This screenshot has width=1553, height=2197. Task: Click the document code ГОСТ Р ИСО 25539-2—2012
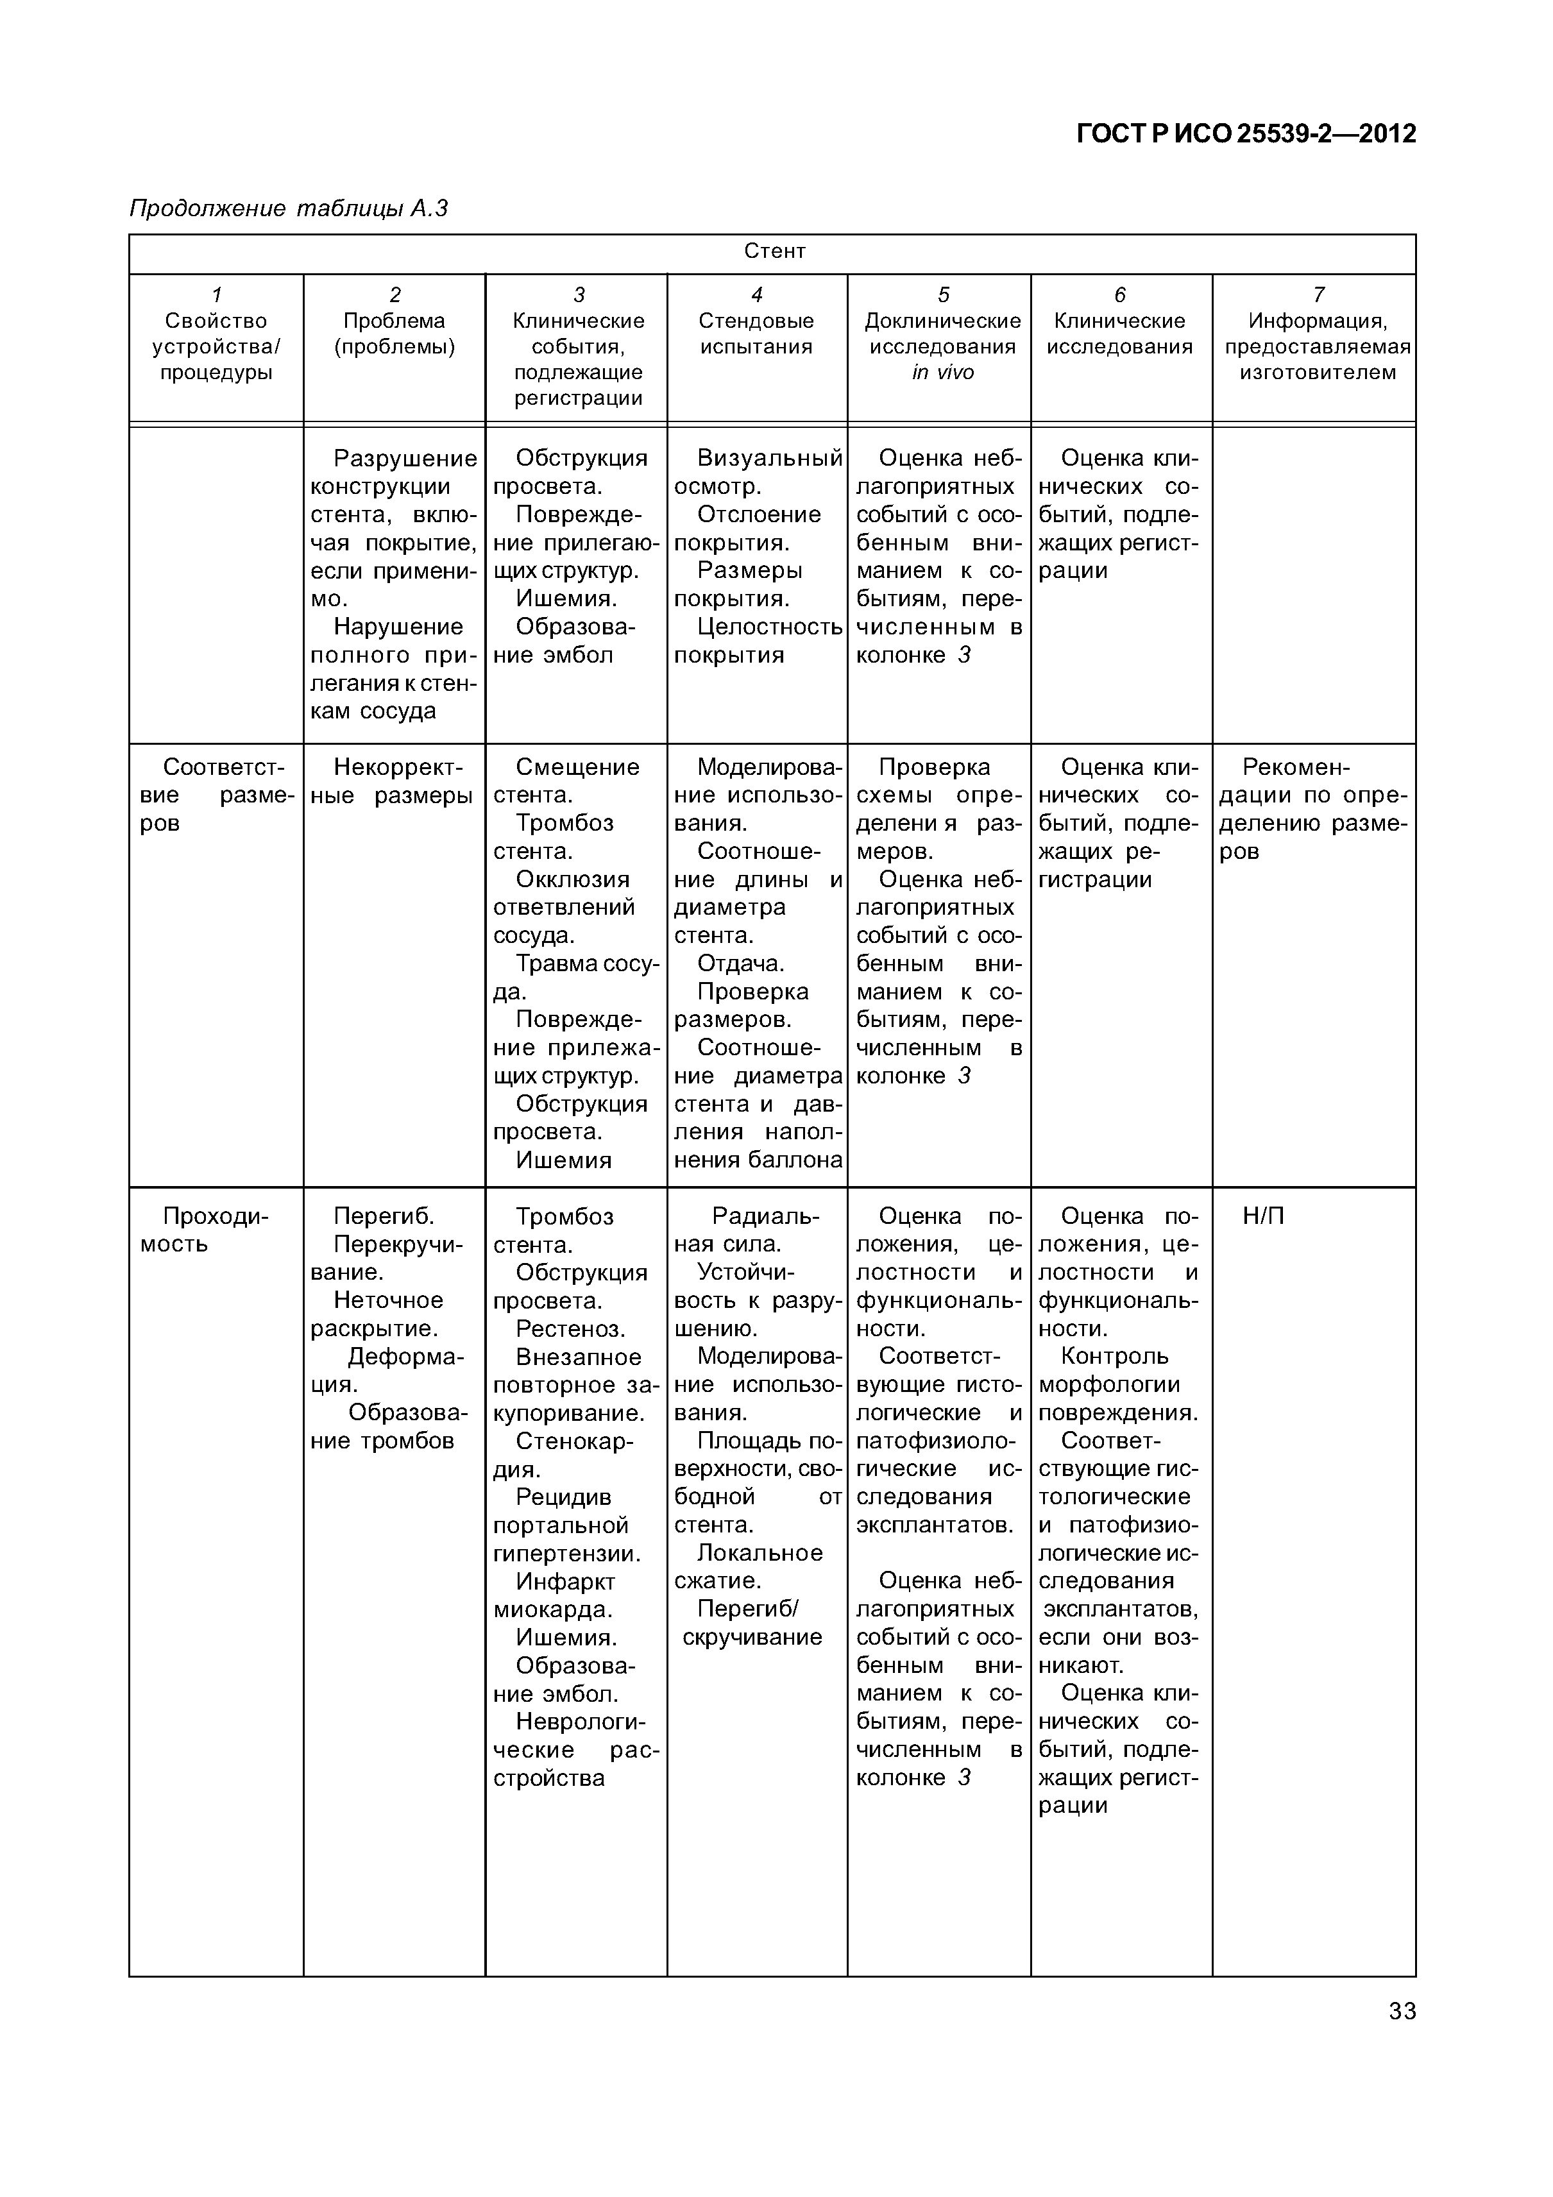click(x=1246, y=134)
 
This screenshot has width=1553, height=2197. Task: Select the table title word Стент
click(x=774, y=251)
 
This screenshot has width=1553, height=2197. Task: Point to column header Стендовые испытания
click(x=756, y=334)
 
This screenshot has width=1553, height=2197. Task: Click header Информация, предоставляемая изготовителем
click(x=1317, y=346)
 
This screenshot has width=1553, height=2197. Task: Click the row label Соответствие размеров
click(x=216, y=794)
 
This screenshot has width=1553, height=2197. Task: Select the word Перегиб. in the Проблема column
click(x=384, y=1216)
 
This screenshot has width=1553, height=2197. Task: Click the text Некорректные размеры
click(x=393, y=781)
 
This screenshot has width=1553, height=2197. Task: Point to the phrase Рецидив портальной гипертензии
click(x=566, y=1525)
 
